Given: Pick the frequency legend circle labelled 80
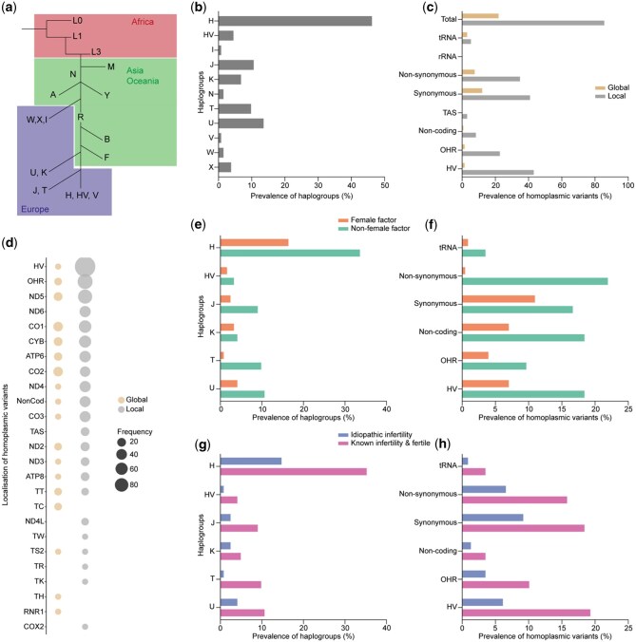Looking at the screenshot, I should click(121, 485).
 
